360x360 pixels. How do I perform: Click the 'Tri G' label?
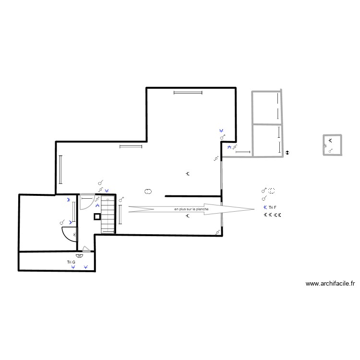pos(71,262)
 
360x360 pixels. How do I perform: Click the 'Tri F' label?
pos(273,207)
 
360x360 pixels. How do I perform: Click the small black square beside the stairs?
pos(97,216)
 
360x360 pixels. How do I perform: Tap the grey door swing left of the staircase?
pos(86,202)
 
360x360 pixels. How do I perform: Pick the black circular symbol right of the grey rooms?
pos(287,152)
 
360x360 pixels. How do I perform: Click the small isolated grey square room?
pos(332,145)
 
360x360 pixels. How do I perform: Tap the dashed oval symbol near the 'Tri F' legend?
pos(272,190)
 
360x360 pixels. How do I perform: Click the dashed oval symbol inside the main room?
pos(148,191)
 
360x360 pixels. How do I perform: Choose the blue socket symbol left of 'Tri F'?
pos(265,207)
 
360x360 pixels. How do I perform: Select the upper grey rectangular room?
pos(266,108)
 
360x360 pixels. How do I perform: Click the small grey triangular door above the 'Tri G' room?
pos(85,249)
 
